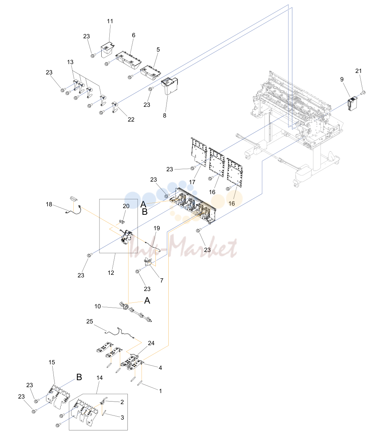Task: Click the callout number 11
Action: coord(110,21)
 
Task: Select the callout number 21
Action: coord(358,71)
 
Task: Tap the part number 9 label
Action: coord(342,79)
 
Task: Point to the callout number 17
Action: coord(192,182)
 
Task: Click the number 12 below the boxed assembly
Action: coord(111,273)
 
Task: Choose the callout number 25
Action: coord(90,322)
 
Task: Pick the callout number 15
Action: coord(52,362)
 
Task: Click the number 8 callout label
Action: coord(165,115)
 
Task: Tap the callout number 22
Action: coord(131,120)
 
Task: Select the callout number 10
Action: coord(98,306)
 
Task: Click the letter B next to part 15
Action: coord(79,377)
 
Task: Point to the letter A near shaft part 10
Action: coord(147,301)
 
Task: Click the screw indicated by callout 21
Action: coord(363,92)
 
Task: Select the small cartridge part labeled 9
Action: coord(353,104)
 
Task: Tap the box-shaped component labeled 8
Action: coord(169,86)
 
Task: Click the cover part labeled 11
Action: coord(108,49)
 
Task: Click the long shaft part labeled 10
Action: coord(135,312)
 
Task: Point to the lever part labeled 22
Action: coord(115,107)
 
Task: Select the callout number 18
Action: coord(49,204)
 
